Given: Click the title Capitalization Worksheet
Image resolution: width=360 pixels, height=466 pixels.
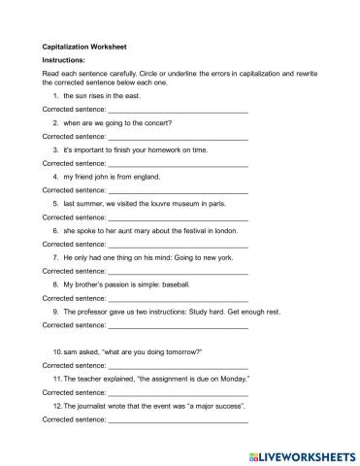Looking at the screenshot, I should click(x=84, y=45).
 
